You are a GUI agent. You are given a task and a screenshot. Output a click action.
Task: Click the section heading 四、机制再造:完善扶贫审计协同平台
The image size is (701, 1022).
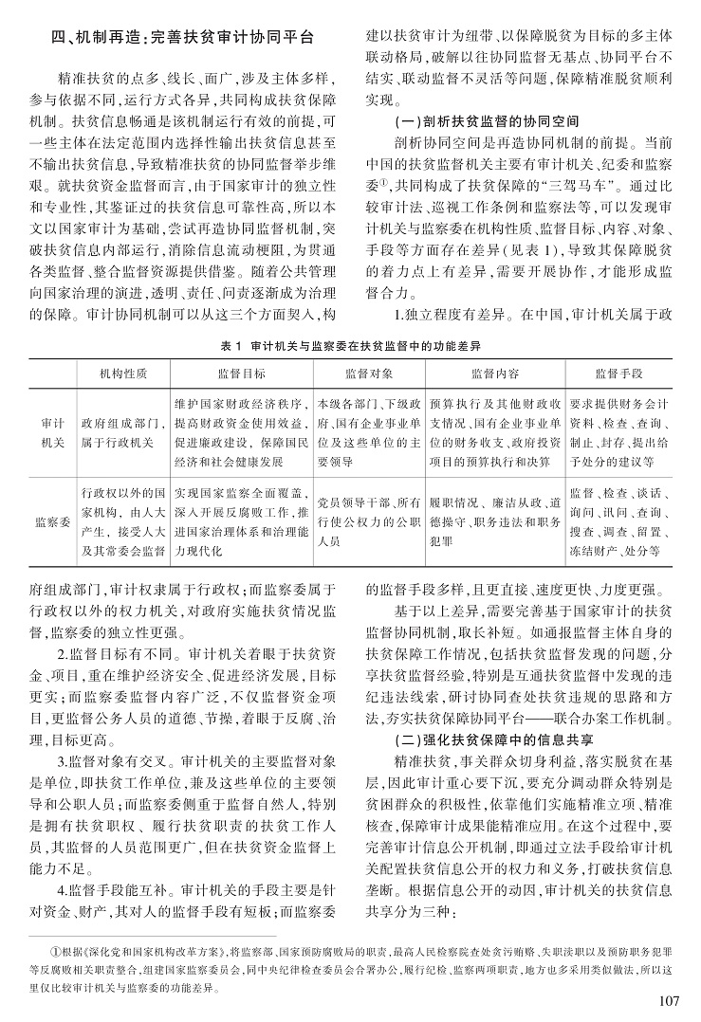click(181, 40)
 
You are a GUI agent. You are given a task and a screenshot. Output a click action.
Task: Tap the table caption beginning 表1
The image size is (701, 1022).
click(350, 348)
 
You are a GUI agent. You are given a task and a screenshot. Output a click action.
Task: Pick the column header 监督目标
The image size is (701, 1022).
click(241, 374)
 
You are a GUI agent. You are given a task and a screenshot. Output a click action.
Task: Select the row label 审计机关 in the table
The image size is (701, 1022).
click(53, 434)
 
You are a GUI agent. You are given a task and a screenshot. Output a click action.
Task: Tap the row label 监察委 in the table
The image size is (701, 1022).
click(53, 520)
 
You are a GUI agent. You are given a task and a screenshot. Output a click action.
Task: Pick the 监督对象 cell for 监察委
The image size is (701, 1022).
click(368, 520)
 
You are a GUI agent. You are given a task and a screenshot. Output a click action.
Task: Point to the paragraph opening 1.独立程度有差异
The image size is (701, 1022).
click(524, 314)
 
